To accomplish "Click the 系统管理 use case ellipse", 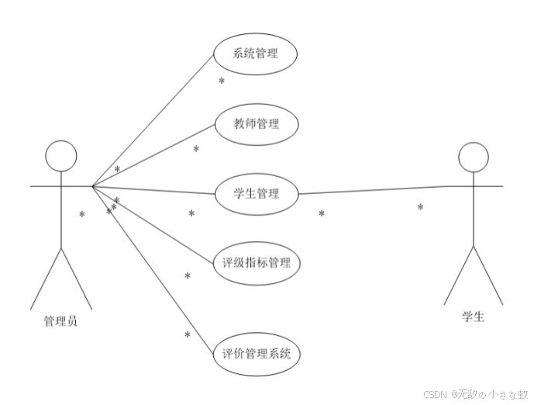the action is pyautogui.click(x=255, y=54).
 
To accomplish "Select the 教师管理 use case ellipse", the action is pyautogui.click(x=256, y=123).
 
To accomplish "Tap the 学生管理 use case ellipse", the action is pyautogui.click(x=256, y=193).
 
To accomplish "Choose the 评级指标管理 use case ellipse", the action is pyautogui.click(x=256, y=262).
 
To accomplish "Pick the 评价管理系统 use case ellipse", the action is pyautogui.click(x=256, y=354).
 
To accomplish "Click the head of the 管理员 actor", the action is pyautogui.click(x=61, y=156).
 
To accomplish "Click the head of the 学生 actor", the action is pyautogui.click(x=473, y=157).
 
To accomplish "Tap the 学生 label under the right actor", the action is pyautogui.click(x=473, y=317).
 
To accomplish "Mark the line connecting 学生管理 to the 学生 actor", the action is pyautogui.click(x=372, y=190).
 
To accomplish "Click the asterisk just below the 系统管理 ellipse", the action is pyautogui.click(x=221, y=81).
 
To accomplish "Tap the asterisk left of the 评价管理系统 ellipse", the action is pyautogui.click(x=187, y=335).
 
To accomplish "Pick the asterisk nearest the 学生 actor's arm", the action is pyautogui.click(x=420, y=208).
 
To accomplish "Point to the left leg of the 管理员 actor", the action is pyautogui.click(x=45, y=279).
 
